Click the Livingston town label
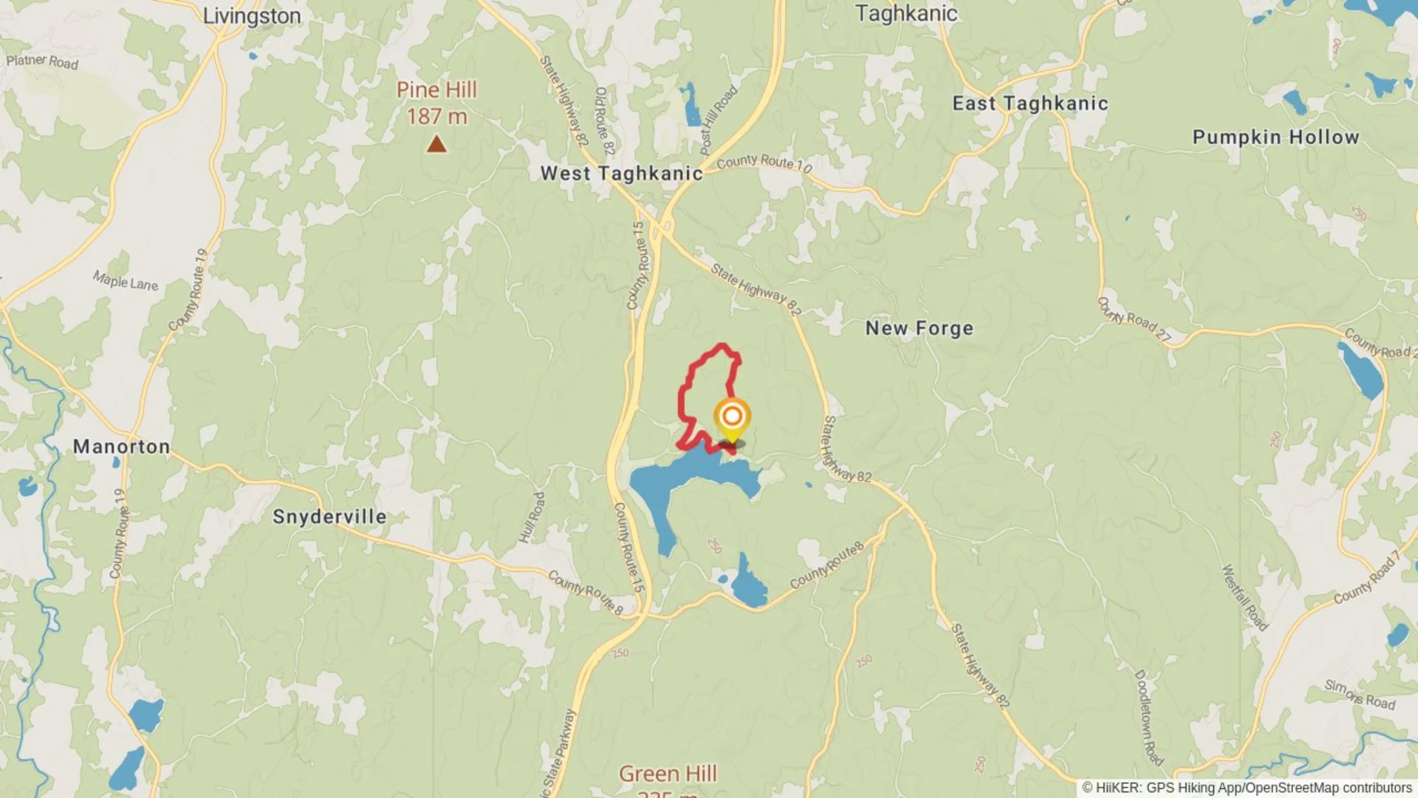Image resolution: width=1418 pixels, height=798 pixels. pyautogui.click(x=252, y=16)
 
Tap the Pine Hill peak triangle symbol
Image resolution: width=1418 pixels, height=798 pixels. pyautogui.click(x=436, y=143)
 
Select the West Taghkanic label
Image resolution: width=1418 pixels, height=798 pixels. pyautogui.click(x=622, y=174)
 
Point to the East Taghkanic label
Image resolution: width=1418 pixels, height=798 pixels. pyautogui.click(x=1030, y=103)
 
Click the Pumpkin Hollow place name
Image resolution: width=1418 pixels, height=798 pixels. pyautogui.click(x=1275, y=137)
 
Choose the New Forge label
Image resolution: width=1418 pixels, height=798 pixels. pyautogui.click(x=919, y=328)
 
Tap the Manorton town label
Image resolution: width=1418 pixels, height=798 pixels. pyautogui.click(x=122, y=446)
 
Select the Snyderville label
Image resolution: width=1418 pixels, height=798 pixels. pyautogui.click(x=329, y=516)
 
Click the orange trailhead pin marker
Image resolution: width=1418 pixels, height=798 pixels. pyautogui.click(x=732, y=417)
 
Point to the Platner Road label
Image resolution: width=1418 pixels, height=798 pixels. pyautogui.click(x=42, y=61)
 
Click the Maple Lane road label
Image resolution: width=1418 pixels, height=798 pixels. pyautogui.click(x=126, y=281)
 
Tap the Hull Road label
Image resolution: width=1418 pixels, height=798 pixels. pyautogui.click(x=532, y=517)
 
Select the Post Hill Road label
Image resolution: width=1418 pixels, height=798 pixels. pyautogui.click(x=718, y=120)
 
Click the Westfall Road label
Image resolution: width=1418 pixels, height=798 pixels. pyautogui.click(x=1244, y=598)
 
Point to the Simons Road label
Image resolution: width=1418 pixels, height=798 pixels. pyautogui.click(x=1360, y=695)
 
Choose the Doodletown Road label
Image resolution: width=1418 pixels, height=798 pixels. pyautogui.click(x=1148, y=717)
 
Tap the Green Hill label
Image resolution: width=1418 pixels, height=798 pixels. pyautogui.click(x=668, y=774)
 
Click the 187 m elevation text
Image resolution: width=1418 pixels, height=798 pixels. pyautogui.click(x=436, y=117)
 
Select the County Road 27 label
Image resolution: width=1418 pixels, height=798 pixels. pyautogui.click(x=1134, y=320)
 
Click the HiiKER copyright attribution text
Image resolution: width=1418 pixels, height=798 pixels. pyautogui.click(x=1247, y=788)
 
